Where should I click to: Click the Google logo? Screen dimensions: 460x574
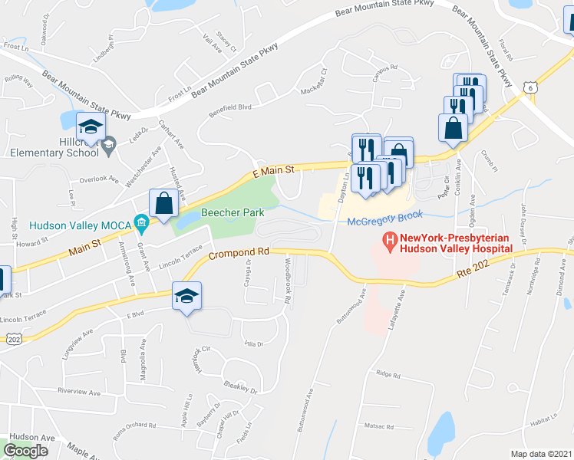[x=26, y=451]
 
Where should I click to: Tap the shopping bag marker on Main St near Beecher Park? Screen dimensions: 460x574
[x=163, y=204]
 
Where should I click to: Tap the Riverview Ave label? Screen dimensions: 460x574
[x=79, y=392]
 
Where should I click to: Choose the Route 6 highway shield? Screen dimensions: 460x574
[x=529, y=89]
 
